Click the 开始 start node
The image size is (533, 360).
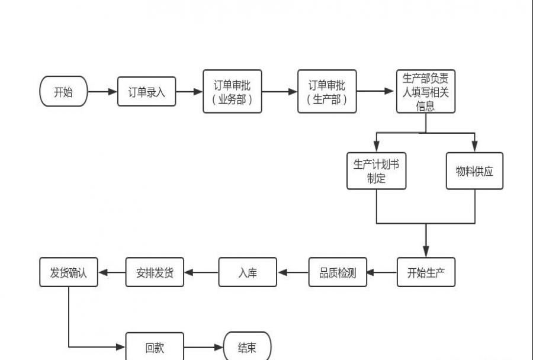click(x=63, y=92)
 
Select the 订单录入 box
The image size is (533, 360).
click(x=146, y=92)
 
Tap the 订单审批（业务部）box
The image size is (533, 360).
click(x=232, y=92)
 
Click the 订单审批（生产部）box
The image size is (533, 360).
click(x=327, y=92)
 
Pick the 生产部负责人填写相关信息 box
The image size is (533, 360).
click(x=425, y=92)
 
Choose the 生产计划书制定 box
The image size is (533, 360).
click(x=376, y=171)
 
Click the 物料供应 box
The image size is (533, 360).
click(x=474, y=171)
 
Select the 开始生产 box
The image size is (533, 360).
click(x=426, y=273)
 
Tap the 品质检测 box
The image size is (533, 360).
click(x=338, y=273)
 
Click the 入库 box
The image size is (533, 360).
click(x=248, y=273)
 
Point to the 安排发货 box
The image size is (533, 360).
click(x=155, y=273)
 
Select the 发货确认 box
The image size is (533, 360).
click(x=68, y=273)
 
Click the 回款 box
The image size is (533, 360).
click(x=155, y=348)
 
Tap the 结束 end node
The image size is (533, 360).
click(x=247, y=348)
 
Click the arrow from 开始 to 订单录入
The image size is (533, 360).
click(x=102, y=92)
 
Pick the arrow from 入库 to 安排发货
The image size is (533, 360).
click(x=201, y=273)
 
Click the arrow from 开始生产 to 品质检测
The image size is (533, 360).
click(x=382, y=273)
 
